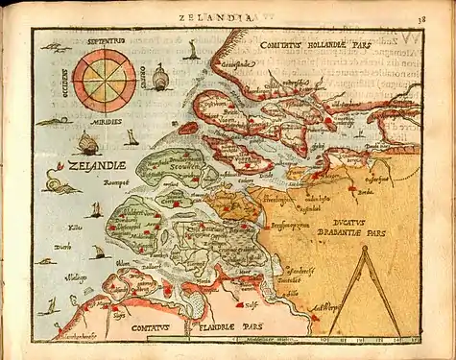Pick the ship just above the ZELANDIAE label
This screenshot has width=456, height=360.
[x=87, y=144]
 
